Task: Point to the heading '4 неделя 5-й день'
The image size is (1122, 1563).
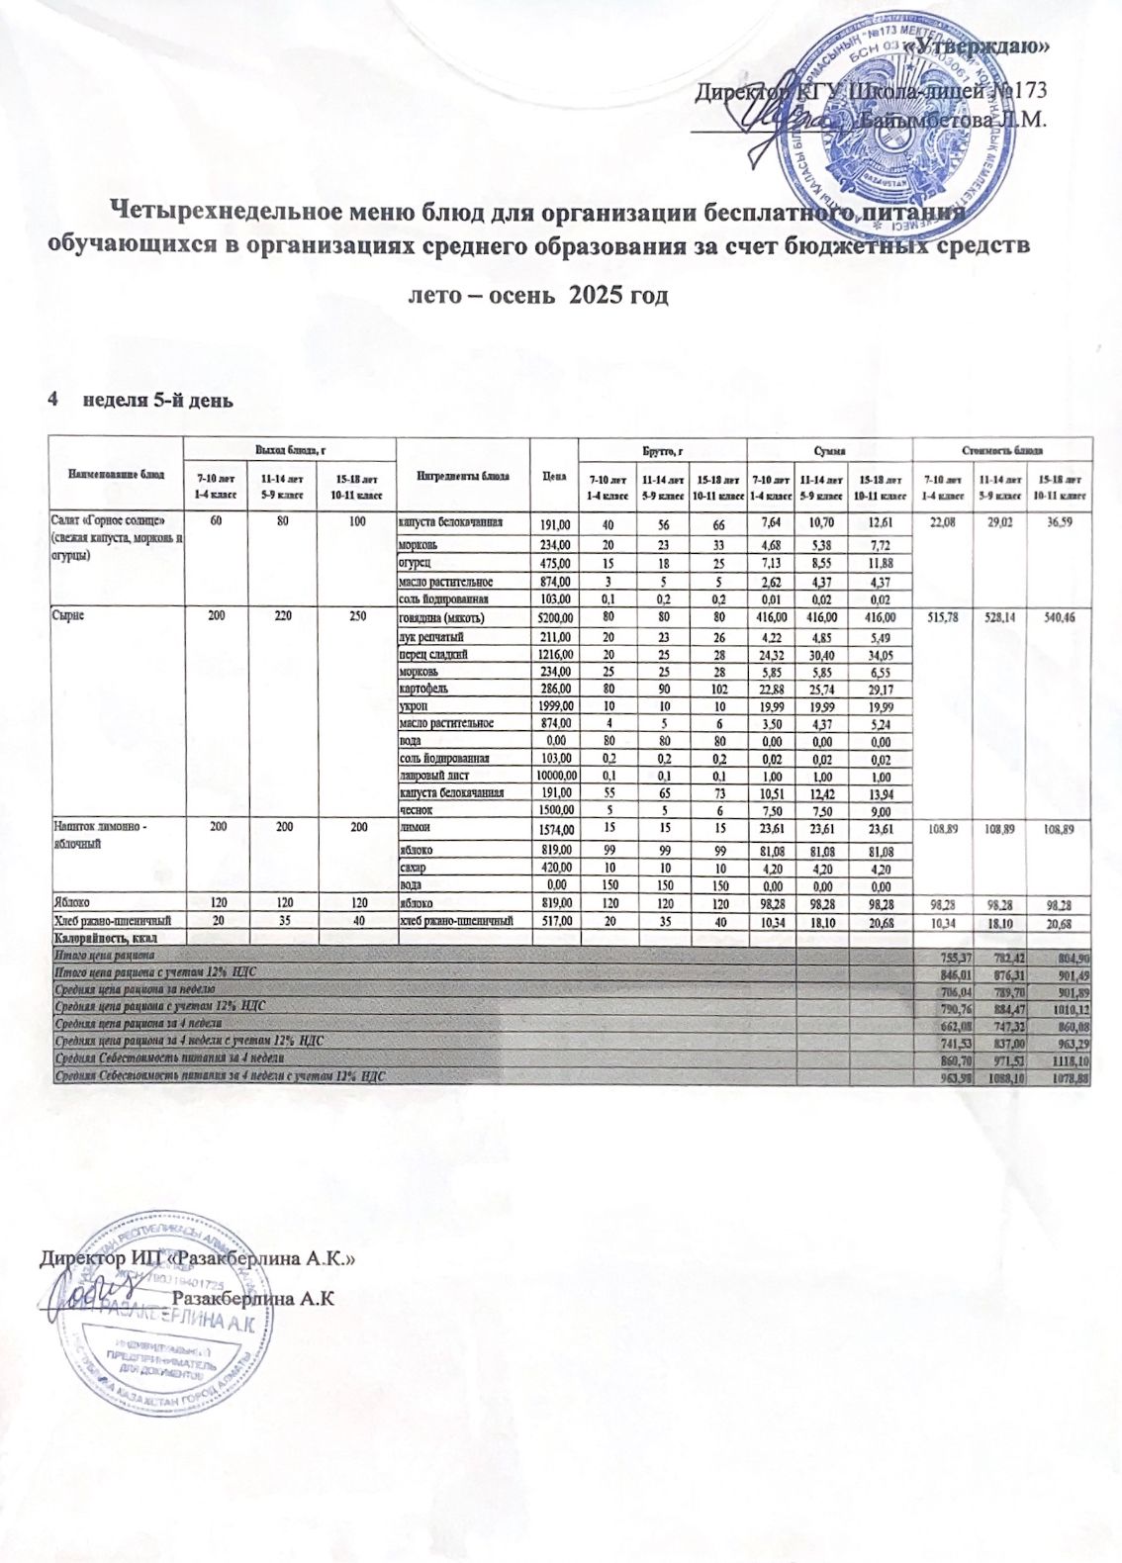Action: coord(140,401)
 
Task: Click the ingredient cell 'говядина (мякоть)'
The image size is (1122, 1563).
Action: coord(441,618)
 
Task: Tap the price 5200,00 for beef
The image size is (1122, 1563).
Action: coord(554,618)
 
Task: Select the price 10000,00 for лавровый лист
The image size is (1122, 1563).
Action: coord(554,776)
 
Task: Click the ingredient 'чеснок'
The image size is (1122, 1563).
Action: coord(416,810)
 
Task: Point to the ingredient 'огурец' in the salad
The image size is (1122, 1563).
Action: coord(416,564)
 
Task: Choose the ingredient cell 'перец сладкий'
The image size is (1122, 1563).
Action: coord(432,654)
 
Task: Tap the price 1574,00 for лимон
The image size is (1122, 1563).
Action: coord(554,827)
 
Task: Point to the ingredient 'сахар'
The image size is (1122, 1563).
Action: coord(414,868)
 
